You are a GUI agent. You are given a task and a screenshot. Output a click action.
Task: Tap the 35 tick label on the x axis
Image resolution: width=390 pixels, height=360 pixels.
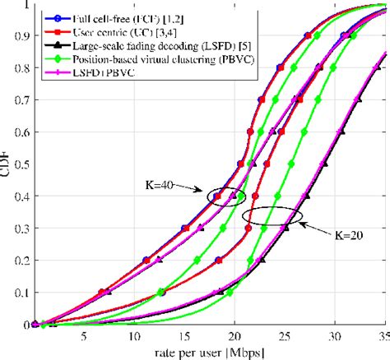[x=380, y=335]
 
